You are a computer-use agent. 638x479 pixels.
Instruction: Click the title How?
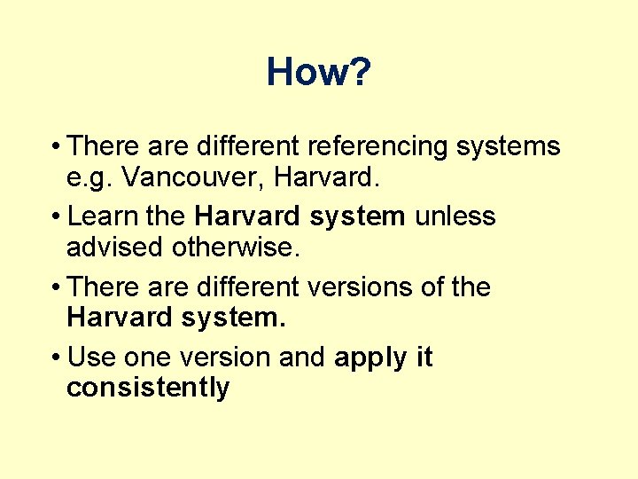coord(318,72)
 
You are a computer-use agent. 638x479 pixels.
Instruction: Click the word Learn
coord(102,216)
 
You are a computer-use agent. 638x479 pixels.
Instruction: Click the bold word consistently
coord(148,389)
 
